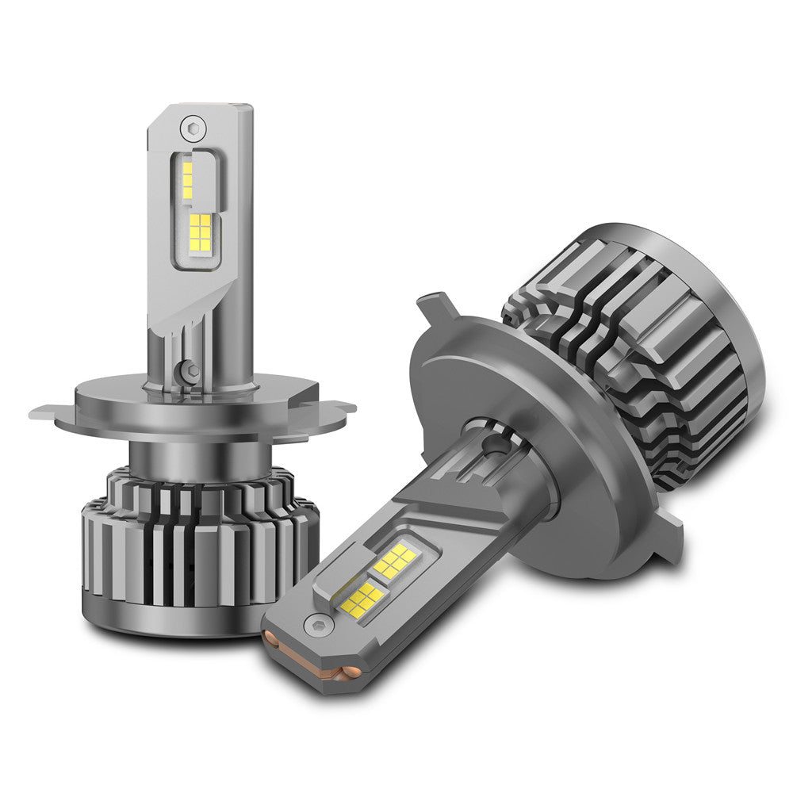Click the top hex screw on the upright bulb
(192, 126)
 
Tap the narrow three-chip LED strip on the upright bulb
(187, 179)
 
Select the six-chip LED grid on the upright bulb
(201, 232)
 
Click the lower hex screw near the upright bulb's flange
(188, 370)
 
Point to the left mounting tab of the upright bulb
(48, 412)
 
